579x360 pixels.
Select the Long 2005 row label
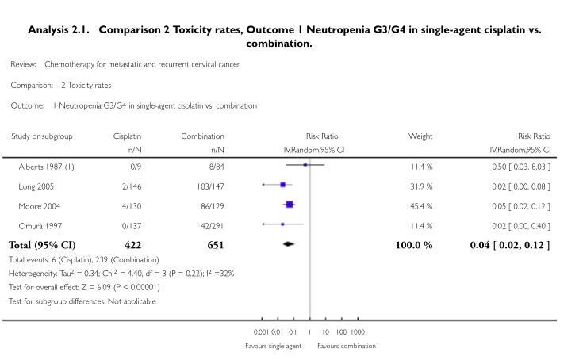[x=36, y=186]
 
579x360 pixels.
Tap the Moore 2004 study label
[x=38, y=205]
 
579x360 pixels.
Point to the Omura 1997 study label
[x=38, y=225]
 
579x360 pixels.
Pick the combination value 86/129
[x=213, y=205]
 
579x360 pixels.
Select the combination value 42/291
[x=213, y=225]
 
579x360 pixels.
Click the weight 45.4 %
[x=420, y=205]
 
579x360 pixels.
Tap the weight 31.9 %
[x=420, y=186]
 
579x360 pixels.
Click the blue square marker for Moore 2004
[x=289, y=205]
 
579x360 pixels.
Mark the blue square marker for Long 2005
[x=282, y=185]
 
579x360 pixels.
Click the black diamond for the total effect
[x=289, y=244]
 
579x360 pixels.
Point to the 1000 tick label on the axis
[x=358, y=332]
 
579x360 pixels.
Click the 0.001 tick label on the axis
[x=260, y=332]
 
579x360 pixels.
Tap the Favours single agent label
[x=274, y=346]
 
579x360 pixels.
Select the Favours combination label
[x=347, y=346]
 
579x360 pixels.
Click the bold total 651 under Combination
[x=214, y=245]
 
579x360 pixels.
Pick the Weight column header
[x=420, y=136]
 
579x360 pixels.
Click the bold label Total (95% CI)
[x=42, y=245]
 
